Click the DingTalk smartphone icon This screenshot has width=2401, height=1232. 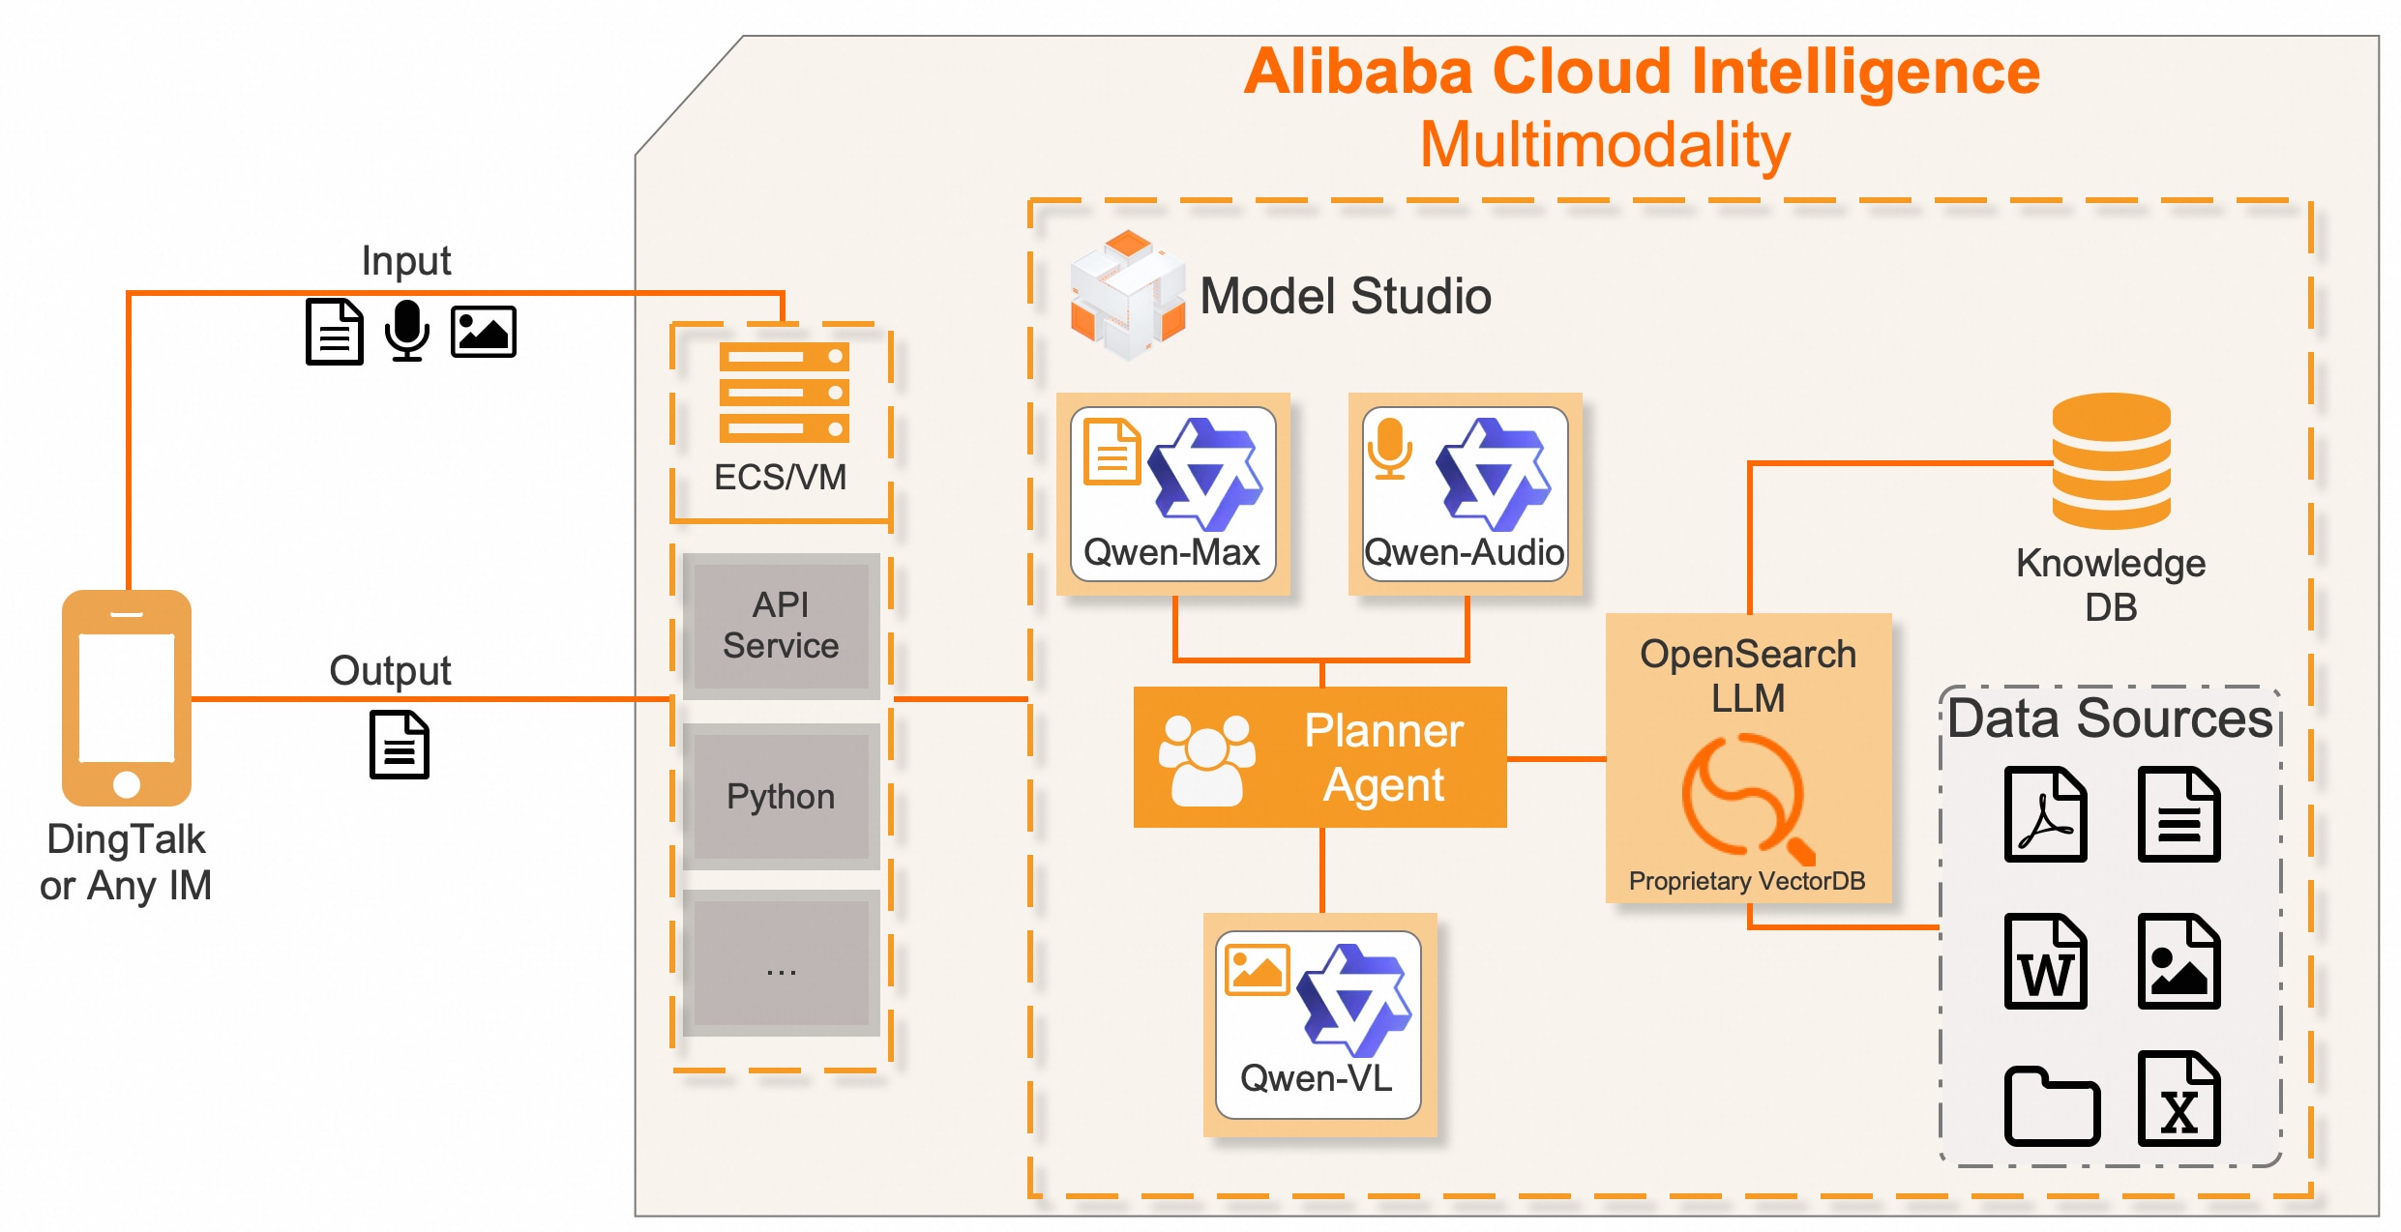point(127,697)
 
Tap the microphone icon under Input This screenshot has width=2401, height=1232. point(406,330)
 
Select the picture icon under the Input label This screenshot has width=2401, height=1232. point(483,332)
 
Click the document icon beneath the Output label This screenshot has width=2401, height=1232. point(400,745)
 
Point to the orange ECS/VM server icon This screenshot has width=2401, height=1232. point(784,392)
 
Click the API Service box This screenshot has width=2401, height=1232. point(781,626)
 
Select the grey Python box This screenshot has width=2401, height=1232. point(781,796)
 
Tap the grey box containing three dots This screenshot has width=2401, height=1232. point(781,964)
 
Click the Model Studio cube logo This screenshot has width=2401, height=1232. point(1127,295)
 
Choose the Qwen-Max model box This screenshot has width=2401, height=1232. point(1172,494)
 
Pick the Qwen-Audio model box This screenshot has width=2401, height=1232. point(1465,494)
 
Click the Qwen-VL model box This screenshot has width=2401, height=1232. point(1319,1025)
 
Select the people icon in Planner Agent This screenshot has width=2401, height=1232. point(1206,759)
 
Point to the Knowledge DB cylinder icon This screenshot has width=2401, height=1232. point(2111,461)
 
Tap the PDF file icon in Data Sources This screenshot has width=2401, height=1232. point(2045,814)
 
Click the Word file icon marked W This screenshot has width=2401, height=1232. point(2045,961)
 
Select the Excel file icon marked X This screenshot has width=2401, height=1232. point(2179,1099)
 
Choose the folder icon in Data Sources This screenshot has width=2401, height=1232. point(2051,1106)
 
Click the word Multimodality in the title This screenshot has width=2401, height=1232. point(1604,145)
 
